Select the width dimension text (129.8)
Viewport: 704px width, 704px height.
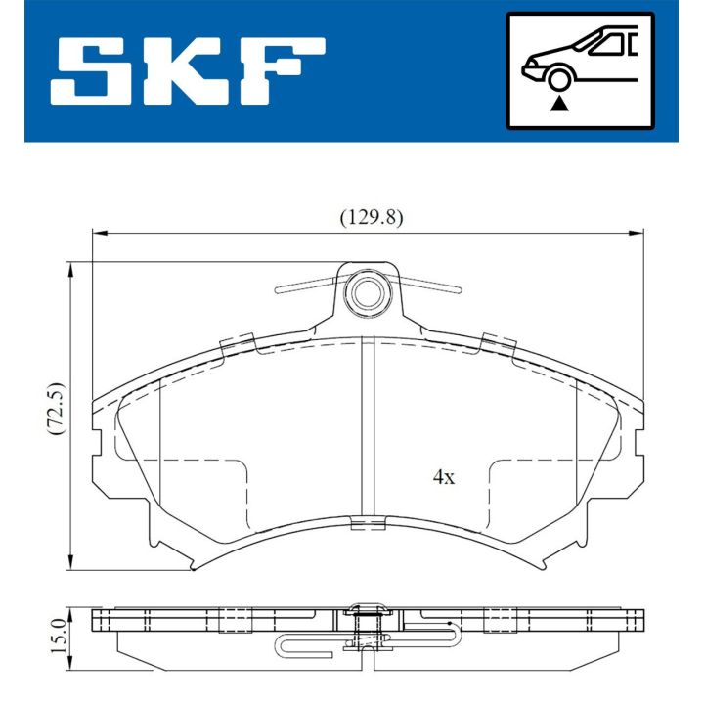[371, 218]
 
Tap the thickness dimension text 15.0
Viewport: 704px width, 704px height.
[56, 636]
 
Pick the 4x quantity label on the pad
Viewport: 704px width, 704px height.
[444, 477]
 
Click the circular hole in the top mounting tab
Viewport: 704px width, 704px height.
[369, 290]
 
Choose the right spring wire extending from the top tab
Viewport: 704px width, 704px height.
[430, 286]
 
